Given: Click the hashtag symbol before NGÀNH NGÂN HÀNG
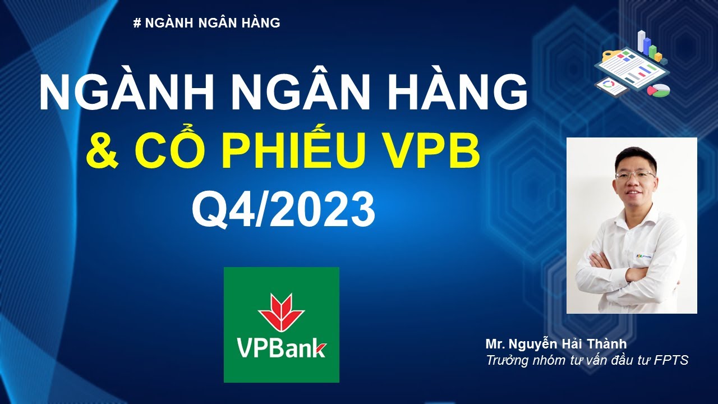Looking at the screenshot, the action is tap(137, 23).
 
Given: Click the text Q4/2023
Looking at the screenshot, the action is tap(283, 210).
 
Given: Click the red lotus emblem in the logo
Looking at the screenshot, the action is tap(281, 311).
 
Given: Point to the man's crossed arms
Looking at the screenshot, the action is tap(628, 269).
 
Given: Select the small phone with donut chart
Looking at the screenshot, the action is tap(611, 86).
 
